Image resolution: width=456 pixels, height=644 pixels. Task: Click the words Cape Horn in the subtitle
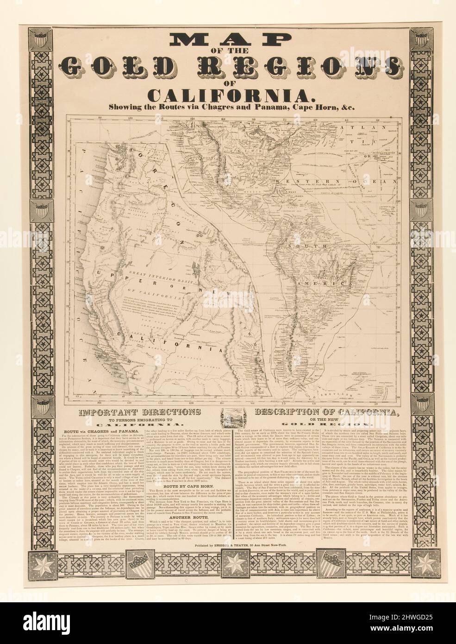coord(303,107)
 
